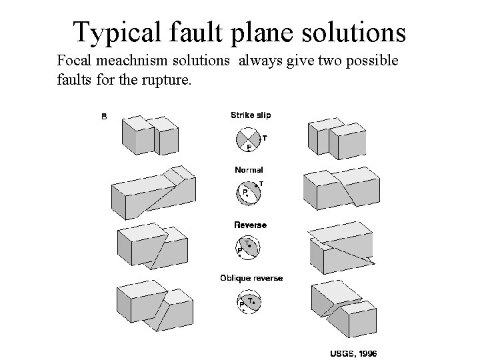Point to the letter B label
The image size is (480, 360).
[103, 117]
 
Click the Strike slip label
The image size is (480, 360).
[251, 115]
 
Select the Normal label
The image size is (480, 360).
[249, 169]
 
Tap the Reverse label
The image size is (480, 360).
[250, 225]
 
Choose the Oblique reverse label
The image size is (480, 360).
[251, 278]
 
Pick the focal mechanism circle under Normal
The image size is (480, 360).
[248, 193]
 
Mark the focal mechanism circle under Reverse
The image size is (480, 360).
[249, 248]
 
